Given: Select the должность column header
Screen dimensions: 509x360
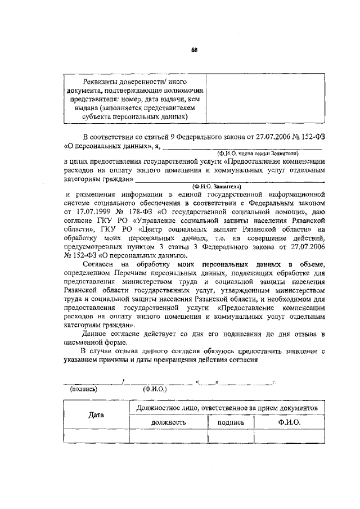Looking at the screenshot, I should pos(168,422).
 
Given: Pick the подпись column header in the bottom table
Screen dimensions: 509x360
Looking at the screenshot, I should pos(231,422).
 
